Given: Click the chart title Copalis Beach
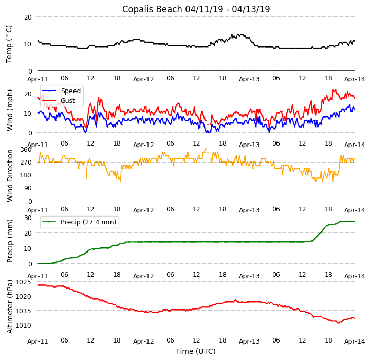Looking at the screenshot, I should point(196,9).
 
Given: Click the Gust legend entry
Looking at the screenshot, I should point(67,101).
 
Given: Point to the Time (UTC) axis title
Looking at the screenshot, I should point(196,351).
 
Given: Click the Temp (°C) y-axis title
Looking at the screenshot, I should point(9,44).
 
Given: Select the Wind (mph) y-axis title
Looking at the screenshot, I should point(10,110).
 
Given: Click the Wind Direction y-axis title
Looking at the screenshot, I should point(10,175).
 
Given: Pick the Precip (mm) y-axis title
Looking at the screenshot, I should point(10,241).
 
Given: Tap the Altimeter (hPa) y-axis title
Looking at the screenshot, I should point(10,307).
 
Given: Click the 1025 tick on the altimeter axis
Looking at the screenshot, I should point(23,282).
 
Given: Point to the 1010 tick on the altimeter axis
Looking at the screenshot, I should point(23,325).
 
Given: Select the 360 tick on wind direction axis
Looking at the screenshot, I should point(26,149).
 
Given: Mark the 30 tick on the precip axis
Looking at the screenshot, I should point(28,218).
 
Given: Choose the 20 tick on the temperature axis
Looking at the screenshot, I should point(28,17).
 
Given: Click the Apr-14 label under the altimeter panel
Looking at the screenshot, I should point(355,341).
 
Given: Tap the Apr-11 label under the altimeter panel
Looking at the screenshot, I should point(38,341).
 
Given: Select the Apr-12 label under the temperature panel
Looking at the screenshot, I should point(143,79).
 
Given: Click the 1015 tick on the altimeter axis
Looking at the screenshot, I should point(23,311).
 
